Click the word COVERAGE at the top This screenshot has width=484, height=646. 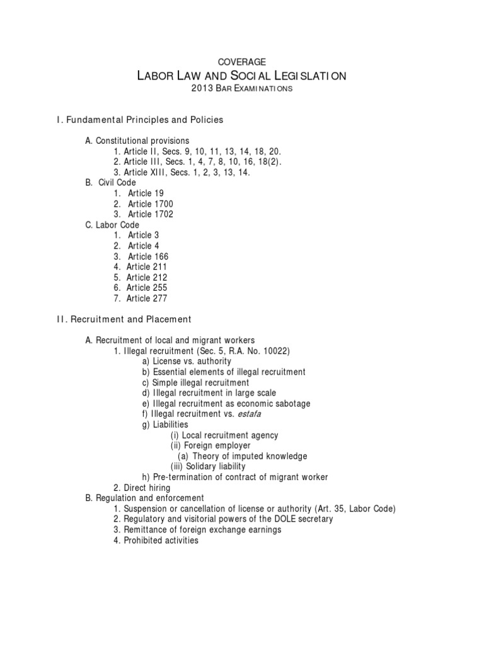pos(241,61)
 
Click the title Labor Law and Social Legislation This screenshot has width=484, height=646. pos(241,76)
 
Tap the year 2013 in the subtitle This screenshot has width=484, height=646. pos(200,90)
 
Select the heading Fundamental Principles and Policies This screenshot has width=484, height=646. pos(144,119)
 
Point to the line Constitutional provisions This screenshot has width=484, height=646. pos(137,141)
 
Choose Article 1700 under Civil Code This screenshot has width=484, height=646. pos(150,204)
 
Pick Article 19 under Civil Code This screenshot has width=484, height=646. pos(145,193)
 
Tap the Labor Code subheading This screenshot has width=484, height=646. pos(112,225)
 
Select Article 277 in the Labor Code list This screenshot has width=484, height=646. pos(147,298)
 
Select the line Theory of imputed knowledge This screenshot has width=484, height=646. pos(242,456)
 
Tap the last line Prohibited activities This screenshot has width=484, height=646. pos(156,541)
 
